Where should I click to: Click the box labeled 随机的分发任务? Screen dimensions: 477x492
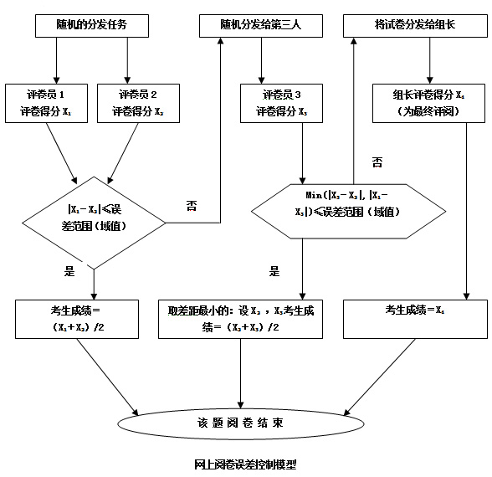[92, 27]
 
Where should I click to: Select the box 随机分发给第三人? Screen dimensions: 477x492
[260, 27]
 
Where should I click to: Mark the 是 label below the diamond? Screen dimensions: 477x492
[69, 270]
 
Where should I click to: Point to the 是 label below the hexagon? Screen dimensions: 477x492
[274, 271]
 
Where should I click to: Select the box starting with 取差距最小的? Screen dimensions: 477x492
[242, 318]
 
